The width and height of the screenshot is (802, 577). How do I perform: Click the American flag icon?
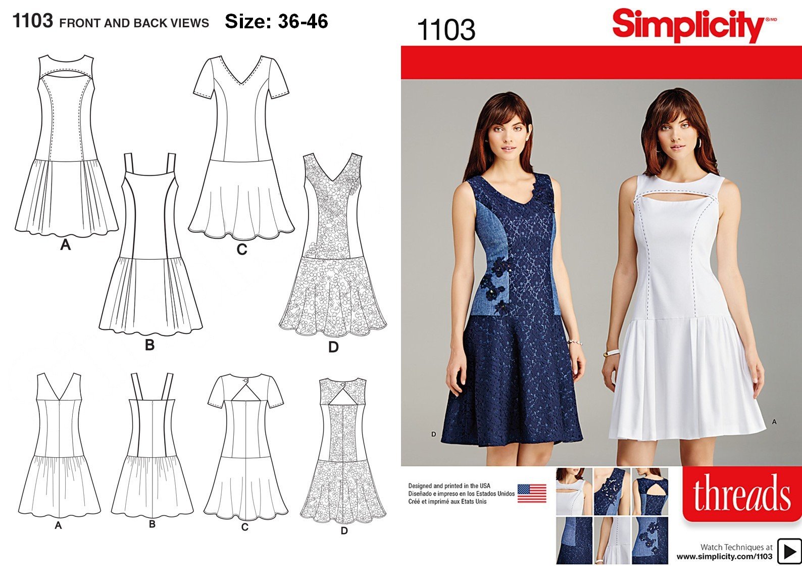pyautogui.click(x=532, y=493)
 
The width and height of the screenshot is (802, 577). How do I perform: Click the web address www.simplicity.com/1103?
pyautogui.click(x=724, y=556)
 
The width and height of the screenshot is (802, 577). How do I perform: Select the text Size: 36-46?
pyautogui.click(x=276, y=21)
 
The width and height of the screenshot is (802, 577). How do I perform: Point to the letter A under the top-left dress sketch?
pyautogui.click(x=65, y=245)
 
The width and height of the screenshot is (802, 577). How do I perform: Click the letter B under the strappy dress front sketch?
pyautogui.click(x=149, y=345)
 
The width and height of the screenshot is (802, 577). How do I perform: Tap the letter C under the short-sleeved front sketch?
pyautogui.click(x=242, y=249)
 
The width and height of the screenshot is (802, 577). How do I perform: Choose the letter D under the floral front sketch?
pyautogui.click(x=333, y=347)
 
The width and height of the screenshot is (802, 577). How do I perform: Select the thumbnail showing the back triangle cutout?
pyautogui.click(x=650, y=492)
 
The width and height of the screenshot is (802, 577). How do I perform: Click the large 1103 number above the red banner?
pyautogui.click(x=446, y=30)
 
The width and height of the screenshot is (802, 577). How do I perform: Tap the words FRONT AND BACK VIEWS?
pyautogui.click(x=134, y=23)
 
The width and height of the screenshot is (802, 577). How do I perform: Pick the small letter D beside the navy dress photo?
pyautogui.click(x=434, y=435)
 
